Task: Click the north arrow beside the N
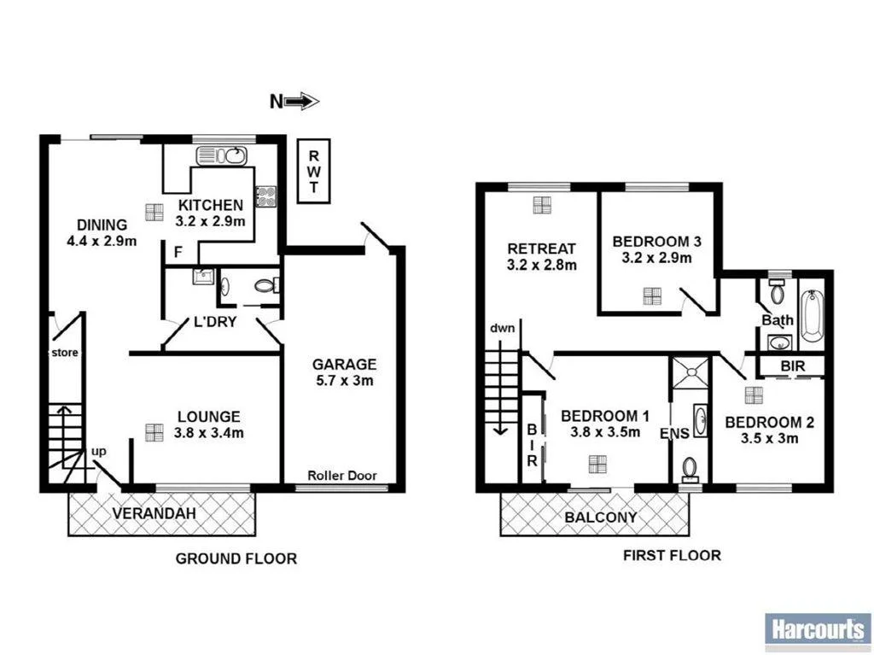pos(302,102)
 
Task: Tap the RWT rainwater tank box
pos(313,171)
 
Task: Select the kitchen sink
pos(221,155)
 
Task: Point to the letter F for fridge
pos(179,252)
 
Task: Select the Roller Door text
pos(342,476)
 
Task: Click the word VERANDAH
pos(154,513)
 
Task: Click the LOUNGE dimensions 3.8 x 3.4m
pos(209,433)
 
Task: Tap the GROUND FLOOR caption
pos(236,559)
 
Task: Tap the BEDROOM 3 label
pos(657,242)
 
